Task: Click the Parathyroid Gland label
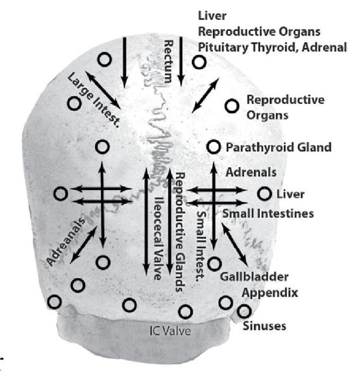(x=278, y=147)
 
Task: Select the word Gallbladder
(x=254, y=277)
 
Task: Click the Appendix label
(x=270, y=293)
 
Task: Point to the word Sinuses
(x=264, y=326)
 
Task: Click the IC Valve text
(x=170, y=331)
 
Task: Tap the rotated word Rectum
(x=169, y=62)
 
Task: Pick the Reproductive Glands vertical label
(x=180, y=232)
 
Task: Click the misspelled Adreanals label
(x=66, y=242)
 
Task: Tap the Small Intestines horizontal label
(x=268, y=214)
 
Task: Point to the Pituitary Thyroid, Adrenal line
(x=273, y=47)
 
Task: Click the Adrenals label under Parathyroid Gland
(x=251, y=172)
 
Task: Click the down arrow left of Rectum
(x=124, y=63)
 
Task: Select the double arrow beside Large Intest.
(x=103, y=90)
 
